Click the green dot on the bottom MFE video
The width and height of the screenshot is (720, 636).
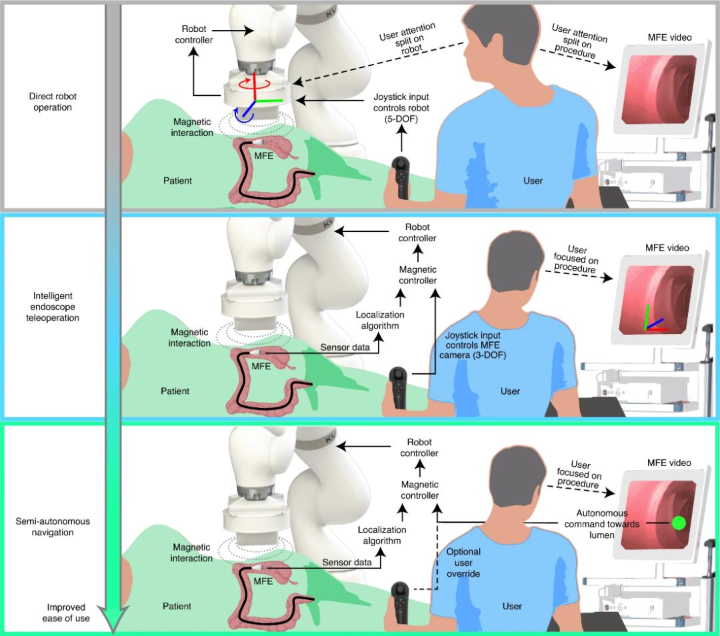click(x=679, y=523)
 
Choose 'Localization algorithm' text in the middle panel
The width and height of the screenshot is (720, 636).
click(x=378, y=319)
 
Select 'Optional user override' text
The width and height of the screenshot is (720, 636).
click(x=463, y=563)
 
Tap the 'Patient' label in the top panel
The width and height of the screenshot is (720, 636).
click(x=179, y=181)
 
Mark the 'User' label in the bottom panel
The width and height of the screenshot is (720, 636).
click(x=512, y=606)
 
